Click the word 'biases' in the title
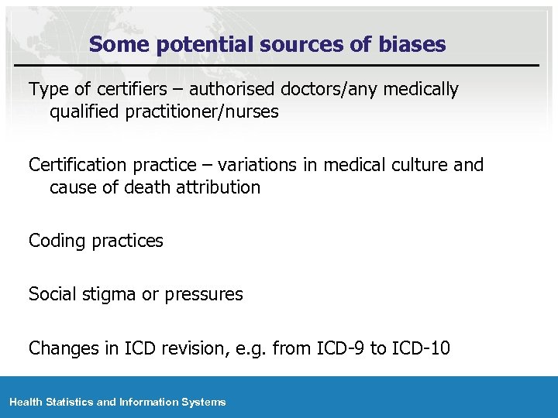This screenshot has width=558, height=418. click(x=413, y=45)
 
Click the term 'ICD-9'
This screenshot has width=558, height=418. click(x=341, y=348)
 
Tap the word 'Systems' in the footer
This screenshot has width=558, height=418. click(x=205, y=402)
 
